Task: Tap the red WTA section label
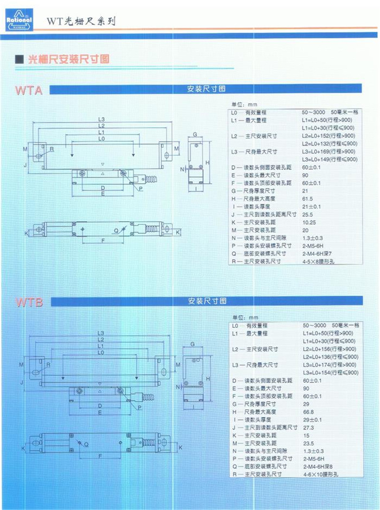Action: pyautogui.click(x=29, y=90)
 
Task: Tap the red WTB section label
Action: pyautogui.click(x=29, y=302)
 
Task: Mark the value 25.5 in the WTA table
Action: pyautogui.click(x=308, y=214)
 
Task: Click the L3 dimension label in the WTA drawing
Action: pyautogui.click(x=101, y=119)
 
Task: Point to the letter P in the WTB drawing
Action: pyautogui.click(x=140, y=408)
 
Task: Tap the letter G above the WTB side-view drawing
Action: pyautogui.click(x=192, y=343)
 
